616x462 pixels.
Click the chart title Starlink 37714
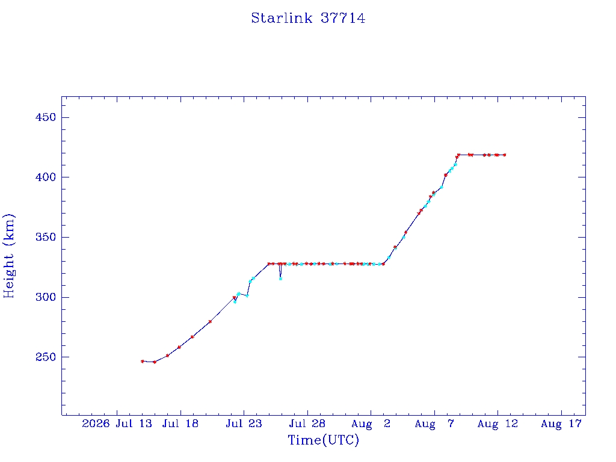(x=308, y=18)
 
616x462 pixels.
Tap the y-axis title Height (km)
(x=8, y=256)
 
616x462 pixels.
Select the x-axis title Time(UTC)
(x=323, y=440)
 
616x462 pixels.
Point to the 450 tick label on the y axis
(x=46, y=117)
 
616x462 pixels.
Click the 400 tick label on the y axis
(x=46, y=177)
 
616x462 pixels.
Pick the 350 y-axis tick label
(x=46, y=237)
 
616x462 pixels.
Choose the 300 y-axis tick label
(x=46, y=297)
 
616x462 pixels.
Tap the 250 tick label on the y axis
(x=46, y=357)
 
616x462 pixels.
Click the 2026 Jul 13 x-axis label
(x=117, y=423)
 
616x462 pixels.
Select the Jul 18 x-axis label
(x=180, y=423)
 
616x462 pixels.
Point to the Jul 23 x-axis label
(x=244, y=423)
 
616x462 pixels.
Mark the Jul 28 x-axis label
(x=307, y=423)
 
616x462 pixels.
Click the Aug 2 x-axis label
(x=371, y=423)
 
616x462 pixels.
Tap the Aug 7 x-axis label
(x=434, y=423)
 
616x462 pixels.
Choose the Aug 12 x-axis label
(x=497, y=423)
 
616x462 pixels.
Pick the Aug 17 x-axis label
(x=561, y=423)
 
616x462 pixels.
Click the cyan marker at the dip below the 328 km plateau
(x=280, y=279)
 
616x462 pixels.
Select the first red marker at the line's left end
(x=142, y=362)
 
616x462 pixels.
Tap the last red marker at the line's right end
(x=505, y=155)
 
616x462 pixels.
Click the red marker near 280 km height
(x=210, y=321)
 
